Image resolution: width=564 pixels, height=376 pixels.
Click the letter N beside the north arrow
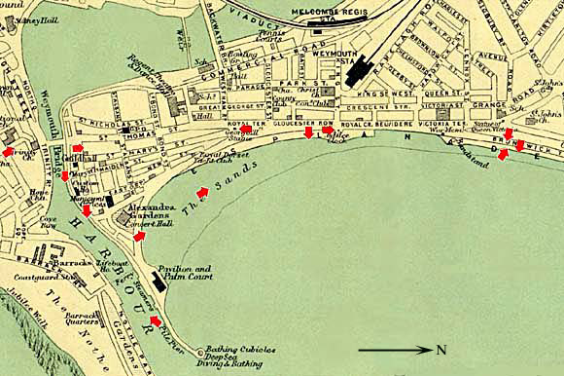[x=441, y=350]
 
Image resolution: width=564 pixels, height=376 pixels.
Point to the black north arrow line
[x=393, y=349]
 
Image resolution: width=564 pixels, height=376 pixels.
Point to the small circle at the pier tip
[x=200, y=352]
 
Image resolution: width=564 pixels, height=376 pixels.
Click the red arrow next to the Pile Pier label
[x=155, y=320]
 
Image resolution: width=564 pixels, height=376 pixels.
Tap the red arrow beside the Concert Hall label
[x=139, y=235]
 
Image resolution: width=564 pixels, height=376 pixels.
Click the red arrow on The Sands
[x=202, y=193]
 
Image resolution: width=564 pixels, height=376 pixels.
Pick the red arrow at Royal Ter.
[x=246, y=128]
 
